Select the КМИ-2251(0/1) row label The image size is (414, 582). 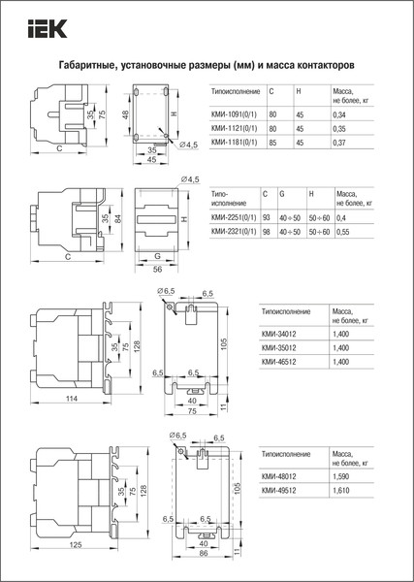pyautogui.click(x=233, y=218)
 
